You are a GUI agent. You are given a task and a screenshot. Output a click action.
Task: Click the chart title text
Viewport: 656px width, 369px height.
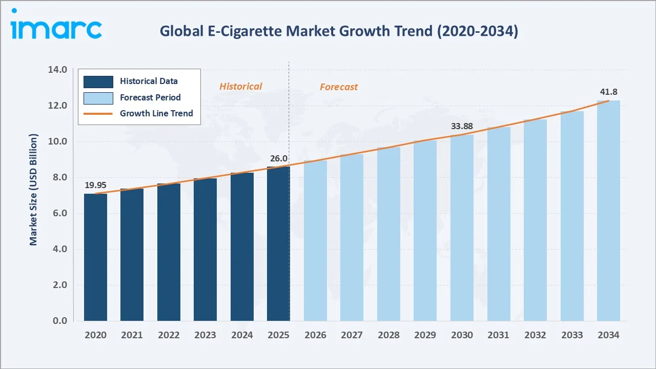pos(339,31)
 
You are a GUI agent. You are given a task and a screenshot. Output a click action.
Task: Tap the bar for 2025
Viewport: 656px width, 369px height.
pos(278,243)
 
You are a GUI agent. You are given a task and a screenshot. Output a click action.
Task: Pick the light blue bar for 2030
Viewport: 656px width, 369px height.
pos(462,228)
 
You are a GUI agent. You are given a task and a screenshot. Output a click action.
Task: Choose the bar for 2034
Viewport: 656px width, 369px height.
pos(608,211)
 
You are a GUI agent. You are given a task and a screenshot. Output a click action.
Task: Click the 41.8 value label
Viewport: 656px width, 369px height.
pos(608,92)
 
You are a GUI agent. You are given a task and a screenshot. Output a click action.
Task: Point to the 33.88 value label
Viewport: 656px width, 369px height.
pos(462,126)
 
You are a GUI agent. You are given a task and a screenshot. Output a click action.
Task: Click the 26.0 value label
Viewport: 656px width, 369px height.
pos(278,158)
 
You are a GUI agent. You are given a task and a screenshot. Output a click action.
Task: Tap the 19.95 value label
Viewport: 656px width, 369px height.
pos(95,185)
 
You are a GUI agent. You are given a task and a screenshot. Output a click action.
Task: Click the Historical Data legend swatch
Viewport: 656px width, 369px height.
pos(98,81)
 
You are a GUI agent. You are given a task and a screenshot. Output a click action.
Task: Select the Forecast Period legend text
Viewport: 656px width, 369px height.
pos(150,97)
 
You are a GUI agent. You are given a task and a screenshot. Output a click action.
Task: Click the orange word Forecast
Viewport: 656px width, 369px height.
pos(339,87)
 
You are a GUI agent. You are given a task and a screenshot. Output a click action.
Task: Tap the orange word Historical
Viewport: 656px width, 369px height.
pos(240,87)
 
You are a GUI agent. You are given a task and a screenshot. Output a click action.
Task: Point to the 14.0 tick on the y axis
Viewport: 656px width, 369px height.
pos(57,70)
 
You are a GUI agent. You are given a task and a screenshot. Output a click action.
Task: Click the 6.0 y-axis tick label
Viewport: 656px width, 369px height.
pos(59,213)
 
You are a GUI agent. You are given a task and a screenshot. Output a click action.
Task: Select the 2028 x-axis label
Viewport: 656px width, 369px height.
pos(388,335)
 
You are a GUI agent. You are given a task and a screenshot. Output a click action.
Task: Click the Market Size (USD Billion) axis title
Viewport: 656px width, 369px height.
pos(34,190)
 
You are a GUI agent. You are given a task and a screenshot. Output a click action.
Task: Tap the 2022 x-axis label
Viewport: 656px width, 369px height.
pos(169,335)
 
